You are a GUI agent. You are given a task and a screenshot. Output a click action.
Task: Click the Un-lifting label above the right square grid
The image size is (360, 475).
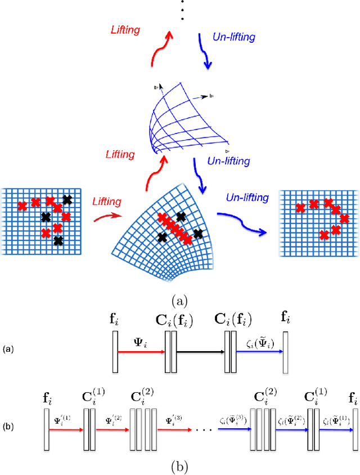pos(247,197)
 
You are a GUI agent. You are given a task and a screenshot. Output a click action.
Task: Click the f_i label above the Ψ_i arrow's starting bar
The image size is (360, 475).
pos(114,321)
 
